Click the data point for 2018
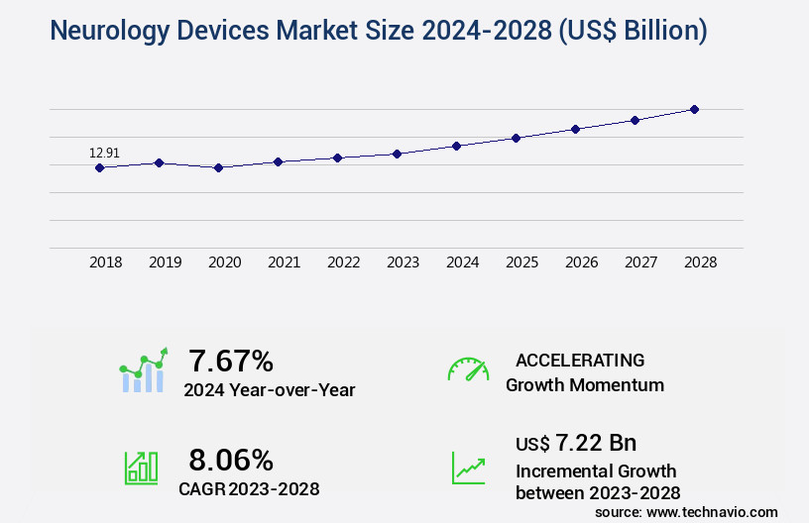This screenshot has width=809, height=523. point(99,167)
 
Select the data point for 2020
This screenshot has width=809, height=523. point(218,167)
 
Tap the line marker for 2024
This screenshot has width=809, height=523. point(456,146)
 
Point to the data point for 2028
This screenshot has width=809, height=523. point(694,109)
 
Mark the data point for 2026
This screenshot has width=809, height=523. point(575,129)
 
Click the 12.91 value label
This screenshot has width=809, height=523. point(104,153)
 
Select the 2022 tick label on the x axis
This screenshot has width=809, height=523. point(343,262)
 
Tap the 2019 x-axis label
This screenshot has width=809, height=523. point(165,262)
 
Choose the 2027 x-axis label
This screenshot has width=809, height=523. point(640,262)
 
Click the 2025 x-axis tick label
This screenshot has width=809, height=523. point(521,262)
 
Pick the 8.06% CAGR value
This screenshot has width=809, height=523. point(231,460)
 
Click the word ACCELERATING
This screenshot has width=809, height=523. point(580,360)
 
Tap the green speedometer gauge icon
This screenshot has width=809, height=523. point(468,369)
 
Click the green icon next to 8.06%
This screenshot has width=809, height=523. point(140,468)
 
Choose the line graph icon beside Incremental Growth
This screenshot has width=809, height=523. point(468,468)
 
